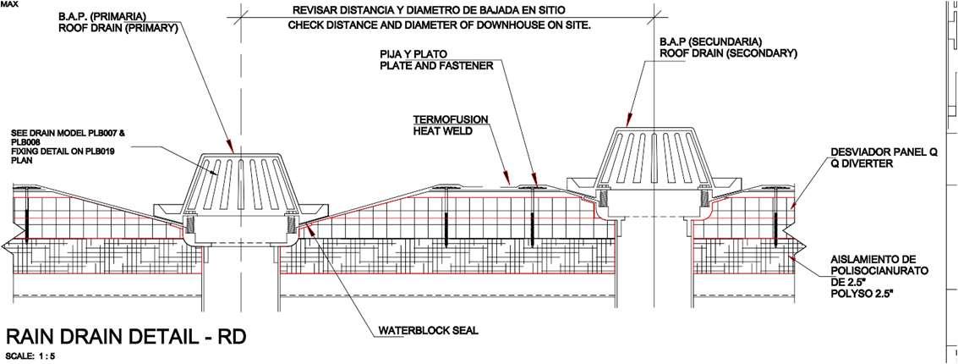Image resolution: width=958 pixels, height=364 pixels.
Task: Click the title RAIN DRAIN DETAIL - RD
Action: [126, 336]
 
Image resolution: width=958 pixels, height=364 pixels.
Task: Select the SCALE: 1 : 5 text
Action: [31, 356]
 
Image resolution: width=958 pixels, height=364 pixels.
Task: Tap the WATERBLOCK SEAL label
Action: [429, 330]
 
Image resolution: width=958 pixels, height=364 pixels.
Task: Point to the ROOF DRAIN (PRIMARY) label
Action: [117, 27]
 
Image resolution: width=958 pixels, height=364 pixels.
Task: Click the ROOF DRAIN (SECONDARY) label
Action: [728, 52]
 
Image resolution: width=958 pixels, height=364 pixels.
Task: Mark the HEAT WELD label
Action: [443, 130]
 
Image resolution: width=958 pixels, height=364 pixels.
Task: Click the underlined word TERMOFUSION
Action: [451, 119]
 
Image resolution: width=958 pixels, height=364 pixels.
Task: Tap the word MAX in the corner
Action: [10, 5]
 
